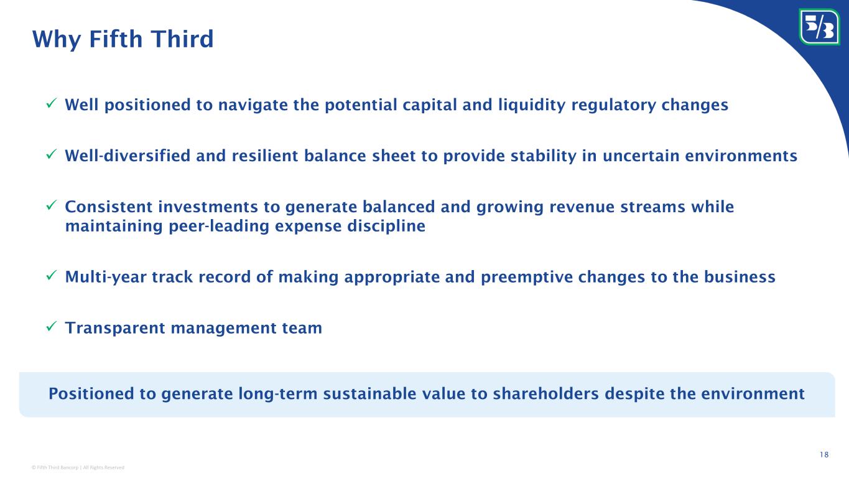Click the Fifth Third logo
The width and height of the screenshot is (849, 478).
[x=819, y=27]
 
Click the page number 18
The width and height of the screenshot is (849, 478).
[x=824, y=454]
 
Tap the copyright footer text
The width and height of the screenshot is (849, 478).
[x=78, y=467]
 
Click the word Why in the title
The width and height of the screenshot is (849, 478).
[x=57, y=39]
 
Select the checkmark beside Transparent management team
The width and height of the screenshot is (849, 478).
[x=51, y=326]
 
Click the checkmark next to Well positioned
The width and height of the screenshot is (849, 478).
[x=51, y=103]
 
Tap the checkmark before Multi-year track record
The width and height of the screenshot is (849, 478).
[x=51, y=276]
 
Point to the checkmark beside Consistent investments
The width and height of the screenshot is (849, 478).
[x=51, y=205]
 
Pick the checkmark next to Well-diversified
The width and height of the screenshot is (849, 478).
[x=51, y=154]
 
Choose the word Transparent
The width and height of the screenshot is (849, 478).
[x=115, y=329]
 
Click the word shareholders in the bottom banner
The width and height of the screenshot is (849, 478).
[x=546, y=394]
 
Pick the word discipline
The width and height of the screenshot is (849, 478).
[x=386, y=227]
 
